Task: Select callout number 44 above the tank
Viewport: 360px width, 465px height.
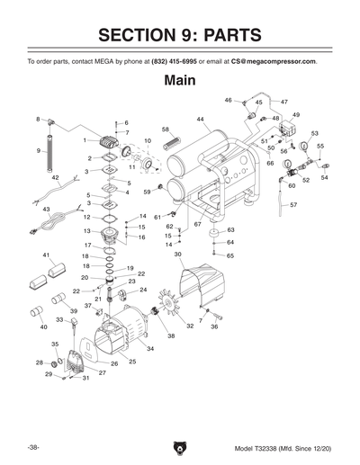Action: pos(200,119)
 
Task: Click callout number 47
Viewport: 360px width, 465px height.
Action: pos(284,103)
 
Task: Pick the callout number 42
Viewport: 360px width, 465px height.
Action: pos(55,178)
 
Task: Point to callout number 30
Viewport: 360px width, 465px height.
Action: pos(178,255)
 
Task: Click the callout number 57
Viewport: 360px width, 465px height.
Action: pos(293,205)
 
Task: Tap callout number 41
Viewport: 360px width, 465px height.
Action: pos(47,255)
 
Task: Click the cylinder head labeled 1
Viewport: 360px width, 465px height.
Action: pos(109,142)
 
